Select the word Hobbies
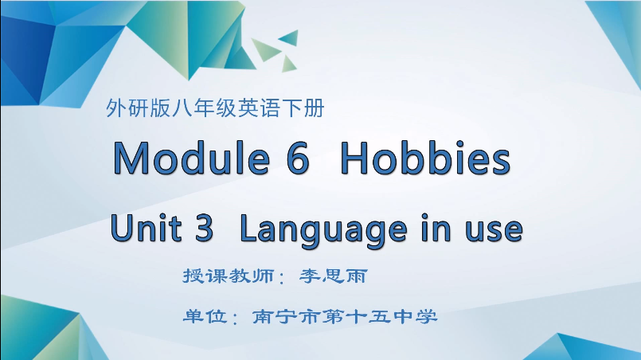click(x=424, y=158)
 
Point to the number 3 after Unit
click(x=204, y=229)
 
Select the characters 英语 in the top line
click(x=258, y=109)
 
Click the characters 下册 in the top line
click(x=303, y=109)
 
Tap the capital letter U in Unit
click(x=122, y=229)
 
